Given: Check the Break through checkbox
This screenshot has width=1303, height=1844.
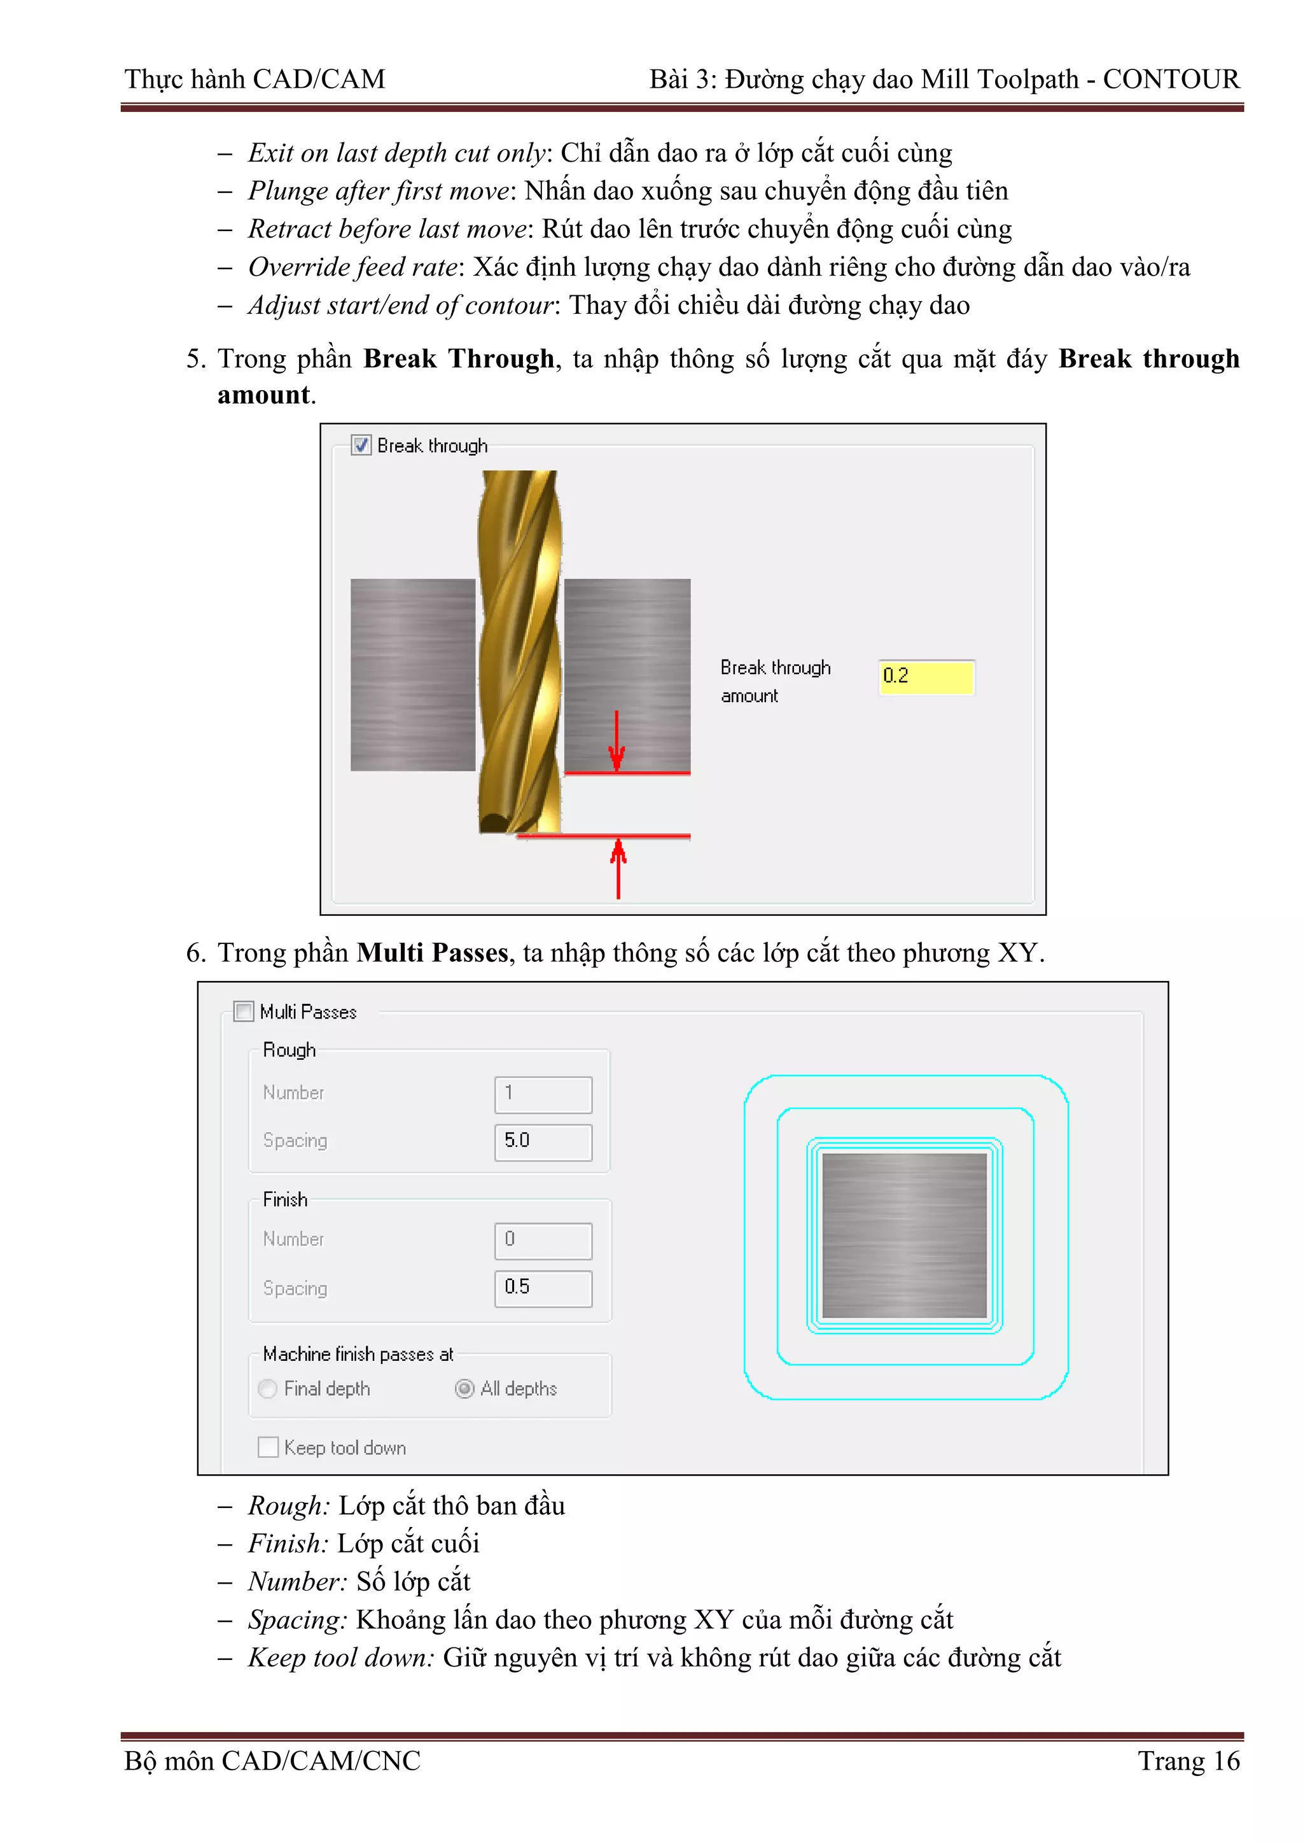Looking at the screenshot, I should (x=361, y=445).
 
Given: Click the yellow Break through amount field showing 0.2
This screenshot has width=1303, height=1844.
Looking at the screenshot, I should (x=926, y=676).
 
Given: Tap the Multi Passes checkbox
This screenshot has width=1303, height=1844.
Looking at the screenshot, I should (x=243, y=1011).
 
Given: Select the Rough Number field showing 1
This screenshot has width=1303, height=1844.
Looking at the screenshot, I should (x=543, y=1094).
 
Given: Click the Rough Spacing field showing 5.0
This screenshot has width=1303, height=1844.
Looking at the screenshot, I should (x=543, y=1141).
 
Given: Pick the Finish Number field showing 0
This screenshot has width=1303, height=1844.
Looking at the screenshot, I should (x=543, y=1240).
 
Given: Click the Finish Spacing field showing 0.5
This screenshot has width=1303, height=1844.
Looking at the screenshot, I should (x=543, y=1288).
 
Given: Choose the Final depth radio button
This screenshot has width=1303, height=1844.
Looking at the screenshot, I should (x=268, y=1389).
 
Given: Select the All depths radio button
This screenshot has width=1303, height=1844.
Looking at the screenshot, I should (x=464, y=1389).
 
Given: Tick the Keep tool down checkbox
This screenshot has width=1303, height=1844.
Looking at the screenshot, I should (x=268, y=1447).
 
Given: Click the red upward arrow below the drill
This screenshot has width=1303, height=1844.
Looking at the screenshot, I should (x=617, y=868).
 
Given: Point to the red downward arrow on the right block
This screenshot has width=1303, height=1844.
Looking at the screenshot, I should (x=616, y=740).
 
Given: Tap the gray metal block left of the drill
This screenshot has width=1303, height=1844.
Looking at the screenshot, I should (x=413, y=675).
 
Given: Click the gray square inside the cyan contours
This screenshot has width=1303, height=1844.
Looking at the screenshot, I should (x=904, y=1235).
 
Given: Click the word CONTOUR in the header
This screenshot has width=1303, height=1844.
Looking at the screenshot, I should (x=1171, y=80).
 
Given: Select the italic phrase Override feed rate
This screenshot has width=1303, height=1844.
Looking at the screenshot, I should (x=352, y=267).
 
